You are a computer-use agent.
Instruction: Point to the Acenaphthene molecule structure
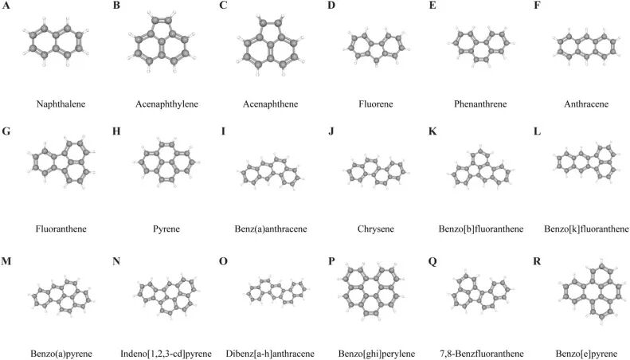[x=269, y=49]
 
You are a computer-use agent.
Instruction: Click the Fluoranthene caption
[x=61, y=229]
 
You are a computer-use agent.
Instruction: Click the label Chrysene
[x=374, y=229]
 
